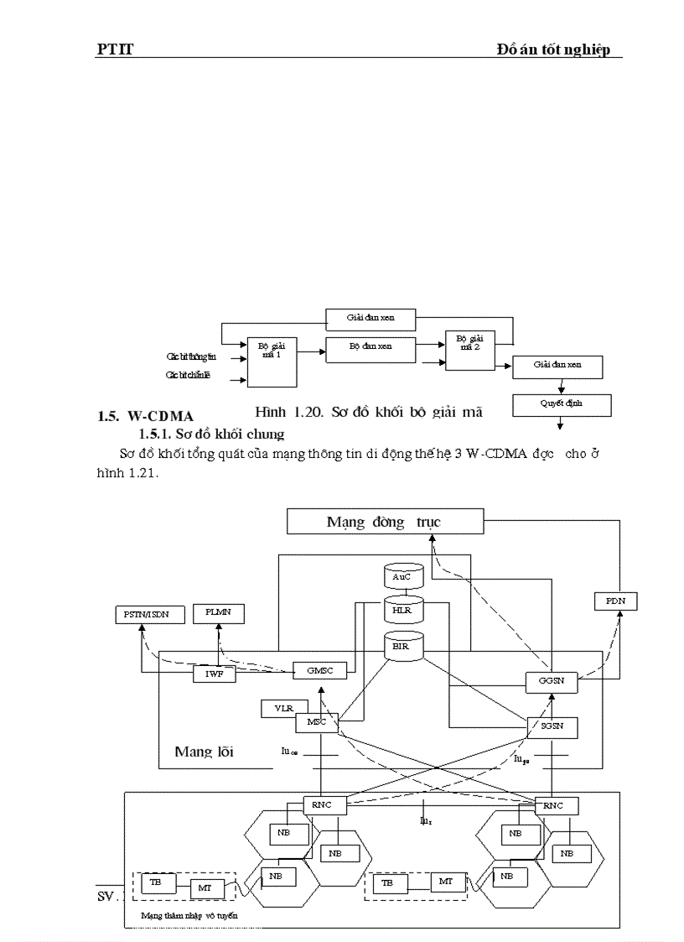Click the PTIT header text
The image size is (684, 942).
(x=115, y=50)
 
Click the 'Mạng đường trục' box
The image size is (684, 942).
(x=385, y=522)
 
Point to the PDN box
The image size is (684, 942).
(x=615, y=601)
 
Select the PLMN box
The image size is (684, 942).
(x=218, y=613)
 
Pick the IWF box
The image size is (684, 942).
(x=215, y=673)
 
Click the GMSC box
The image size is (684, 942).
(x=319, y=671)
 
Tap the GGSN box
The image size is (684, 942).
(x=552, y=681)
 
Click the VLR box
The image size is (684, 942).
(x=283, y=708)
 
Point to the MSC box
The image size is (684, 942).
(x=316, y=722)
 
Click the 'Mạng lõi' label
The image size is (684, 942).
(x=204, y=752)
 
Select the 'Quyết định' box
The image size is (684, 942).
(x=562, y=404)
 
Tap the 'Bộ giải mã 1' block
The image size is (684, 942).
(x=272, y=362)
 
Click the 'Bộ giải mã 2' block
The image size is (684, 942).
(x=469, y=350)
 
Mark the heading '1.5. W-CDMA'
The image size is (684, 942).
(x=145, y=416)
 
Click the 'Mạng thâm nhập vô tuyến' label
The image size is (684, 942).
(x=189, y=916)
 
